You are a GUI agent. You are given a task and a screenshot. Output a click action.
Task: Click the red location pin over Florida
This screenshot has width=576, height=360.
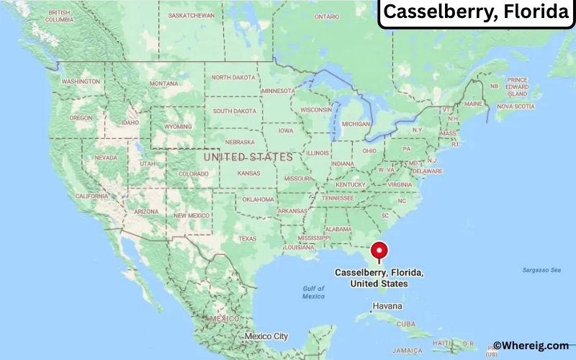[x=379, y=251]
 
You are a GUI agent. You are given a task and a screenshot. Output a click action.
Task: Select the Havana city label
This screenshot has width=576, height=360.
[x=389, y=306]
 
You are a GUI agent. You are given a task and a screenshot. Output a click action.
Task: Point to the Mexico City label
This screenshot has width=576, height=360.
[x=266, y=336]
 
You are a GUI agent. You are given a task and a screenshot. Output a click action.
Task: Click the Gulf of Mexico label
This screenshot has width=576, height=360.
[x=313, y=292]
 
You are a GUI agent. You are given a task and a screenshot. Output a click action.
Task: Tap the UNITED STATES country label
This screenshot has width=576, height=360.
[x=248, y=156]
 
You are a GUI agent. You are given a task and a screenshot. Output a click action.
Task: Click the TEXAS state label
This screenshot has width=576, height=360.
[x=247, y=238]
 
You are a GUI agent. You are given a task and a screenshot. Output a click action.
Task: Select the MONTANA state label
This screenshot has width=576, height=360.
[x=163, y=84]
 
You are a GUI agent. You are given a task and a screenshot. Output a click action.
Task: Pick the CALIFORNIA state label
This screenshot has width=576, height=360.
[x=91, y=196]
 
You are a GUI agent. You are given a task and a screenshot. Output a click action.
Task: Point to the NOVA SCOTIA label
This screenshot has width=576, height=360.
[x=516, y=107]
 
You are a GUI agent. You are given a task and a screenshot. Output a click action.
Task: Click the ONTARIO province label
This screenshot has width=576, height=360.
[x=326, y=16]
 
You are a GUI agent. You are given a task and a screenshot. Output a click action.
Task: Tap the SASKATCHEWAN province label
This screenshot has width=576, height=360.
[x=191, y=15]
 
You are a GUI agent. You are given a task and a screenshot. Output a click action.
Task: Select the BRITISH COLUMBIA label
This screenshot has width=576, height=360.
[x=59, y=17]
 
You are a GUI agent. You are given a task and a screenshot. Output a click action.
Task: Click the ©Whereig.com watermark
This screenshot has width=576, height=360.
[x=531, y=346]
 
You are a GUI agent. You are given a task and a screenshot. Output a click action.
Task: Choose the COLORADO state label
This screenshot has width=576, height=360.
[x=192, y=174]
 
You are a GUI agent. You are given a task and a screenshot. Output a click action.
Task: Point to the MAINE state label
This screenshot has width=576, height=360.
[x=473, y=104]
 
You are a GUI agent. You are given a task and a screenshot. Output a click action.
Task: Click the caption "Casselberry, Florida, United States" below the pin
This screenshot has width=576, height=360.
[x=379, y=279]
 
